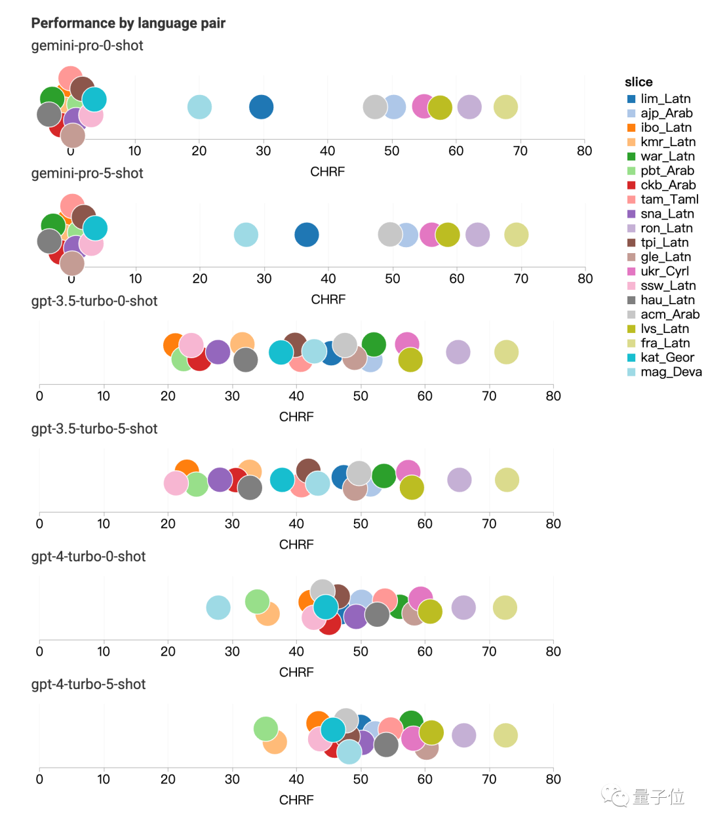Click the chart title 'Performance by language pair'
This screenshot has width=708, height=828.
(x=128, y=24)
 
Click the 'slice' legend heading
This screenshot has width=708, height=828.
(x=638, y=82)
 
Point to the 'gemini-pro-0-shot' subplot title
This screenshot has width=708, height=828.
(x=87, y=46)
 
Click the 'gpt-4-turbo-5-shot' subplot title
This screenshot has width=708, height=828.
(x=88, y=684)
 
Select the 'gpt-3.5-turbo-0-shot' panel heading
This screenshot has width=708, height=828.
(x=94, y=302)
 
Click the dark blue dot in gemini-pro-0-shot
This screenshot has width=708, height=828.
(x=262, y=107)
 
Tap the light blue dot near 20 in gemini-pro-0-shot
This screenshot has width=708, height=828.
(x=199, y=107)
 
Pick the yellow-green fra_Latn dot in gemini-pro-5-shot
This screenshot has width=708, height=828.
(x=516, y=235)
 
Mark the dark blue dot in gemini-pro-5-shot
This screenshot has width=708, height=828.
(x=307, y=235)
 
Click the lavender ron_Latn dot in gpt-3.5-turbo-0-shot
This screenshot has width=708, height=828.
(x=458, y=352)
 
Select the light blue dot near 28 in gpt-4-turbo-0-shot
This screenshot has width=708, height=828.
(x=218, y=608)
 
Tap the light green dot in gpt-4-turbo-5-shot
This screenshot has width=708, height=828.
(x=265, y=728)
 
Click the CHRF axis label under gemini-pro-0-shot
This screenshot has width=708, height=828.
(x=327, y=172)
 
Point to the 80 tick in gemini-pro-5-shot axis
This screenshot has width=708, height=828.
(x=585, y=279)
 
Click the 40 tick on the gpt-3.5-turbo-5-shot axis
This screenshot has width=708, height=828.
(x=296, y=524)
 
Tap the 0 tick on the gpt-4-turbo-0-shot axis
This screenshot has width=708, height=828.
(x=39, y=652)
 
